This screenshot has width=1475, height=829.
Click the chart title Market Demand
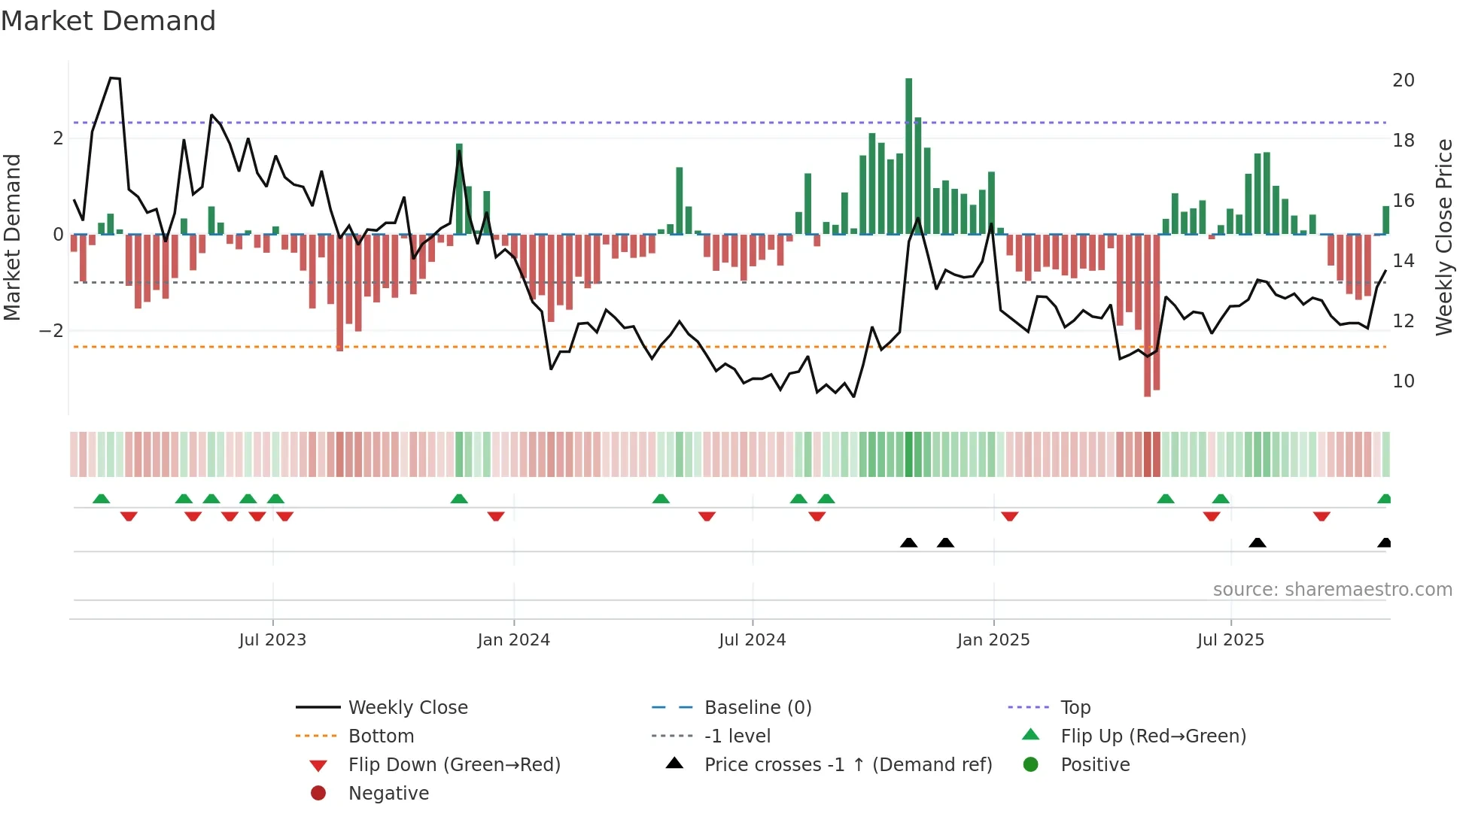coord(108,21)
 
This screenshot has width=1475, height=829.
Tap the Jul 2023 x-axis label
coord(272,640)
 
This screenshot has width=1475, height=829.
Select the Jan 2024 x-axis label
coord(514,640)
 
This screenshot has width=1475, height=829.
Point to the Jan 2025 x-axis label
coord(993,640)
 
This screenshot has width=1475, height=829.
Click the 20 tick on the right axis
coord(1404,80)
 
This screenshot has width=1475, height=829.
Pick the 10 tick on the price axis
coord(1404,381)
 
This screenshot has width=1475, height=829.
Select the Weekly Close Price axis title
coord(1443,237)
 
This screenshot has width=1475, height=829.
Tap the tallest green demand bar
coord(908,156)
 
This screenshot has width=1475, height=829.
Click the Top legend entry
coord(1075,708)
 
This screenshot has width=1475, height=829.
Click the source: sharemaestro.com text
coord(1332,590)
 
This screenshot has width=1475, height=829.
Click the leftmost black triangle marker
coord(908,543)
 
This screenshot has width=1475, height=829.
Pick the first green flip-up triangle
coord(102,499)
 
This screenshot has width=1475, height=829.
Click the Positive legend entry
coord(1095,765)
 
